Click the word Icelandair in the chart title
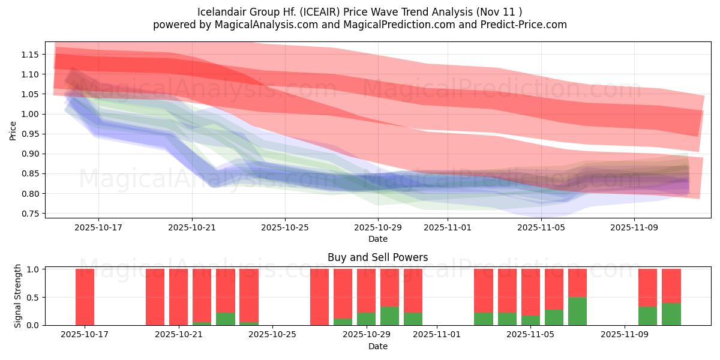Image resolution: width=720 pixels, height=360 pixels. tap(220, 12)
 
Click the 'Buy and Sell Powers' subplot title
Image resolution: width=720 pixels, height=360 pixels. tap(377, 257)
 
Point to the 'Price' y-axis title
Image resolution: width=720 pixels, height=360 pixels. tap(13, 130)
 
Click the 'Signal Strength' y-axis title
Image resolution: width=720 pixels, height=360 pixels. tap(18, 296)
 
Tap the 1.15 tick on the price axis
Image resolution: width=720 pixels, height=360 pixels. tap(30, 55)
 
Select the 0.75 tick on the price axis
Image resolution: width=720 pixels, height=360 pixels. tap(30, 214)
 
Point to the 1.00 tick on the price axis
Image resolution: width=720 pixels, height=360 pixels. tap(30, 114)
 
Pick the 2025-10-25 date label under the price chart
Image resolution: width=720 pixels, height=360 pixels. tap(285, 227)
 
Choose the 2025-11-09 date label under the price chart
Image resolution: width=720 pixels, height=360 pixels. tap(635, 227)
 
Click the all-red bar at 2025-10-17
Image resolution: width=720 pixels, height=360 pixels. tap(85, 296)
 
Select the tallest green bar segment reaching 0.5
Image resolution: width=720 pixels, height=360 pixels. tap(577, 311)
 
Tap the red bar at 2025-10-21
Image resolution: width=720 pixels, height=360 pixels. tap(178, 296)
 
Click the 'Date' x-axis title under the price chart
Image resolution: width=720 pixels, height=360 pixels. tap(377, 239)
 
